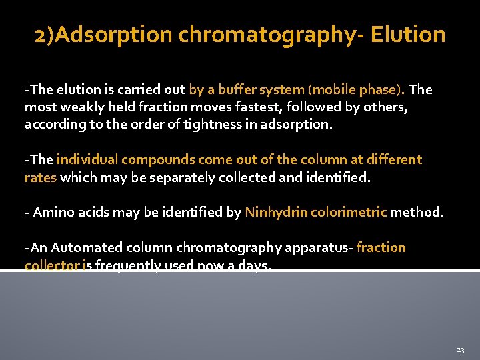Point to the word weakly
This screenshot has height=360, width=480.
82,107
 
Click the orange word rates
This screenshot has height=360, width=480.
41,177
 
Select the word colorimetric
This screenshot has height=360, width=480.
347,213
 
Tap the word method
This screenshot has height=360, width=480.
417,213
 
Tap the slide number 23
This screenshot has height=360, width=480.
460,349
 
